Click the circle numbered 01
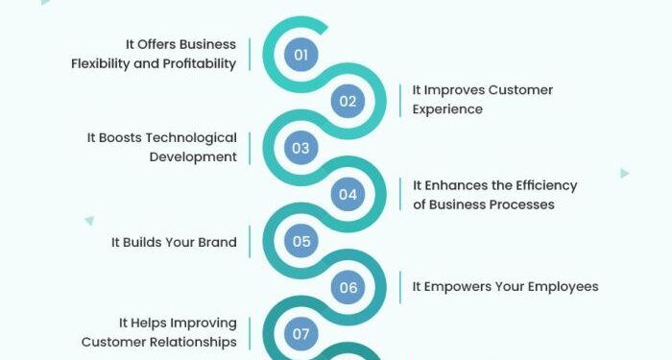coord(301,55)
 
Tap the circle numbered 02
coord(348,101)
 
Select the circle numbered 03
coord(301,148)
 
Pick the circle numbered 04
coord(348,195)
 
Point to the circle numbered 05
coord(301,241)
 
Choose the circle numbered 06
coord(348,288)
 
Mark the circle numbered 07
coord(301,334)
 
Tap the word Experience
coord(447,109)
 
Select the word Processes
coord(520,204)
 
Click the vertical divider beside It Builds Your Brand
coord(251,242)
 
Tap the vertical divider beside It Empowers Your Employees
coord(399,286)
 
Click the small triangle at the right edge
coord(624,174)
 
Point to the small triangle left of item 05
coord(89,220)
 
